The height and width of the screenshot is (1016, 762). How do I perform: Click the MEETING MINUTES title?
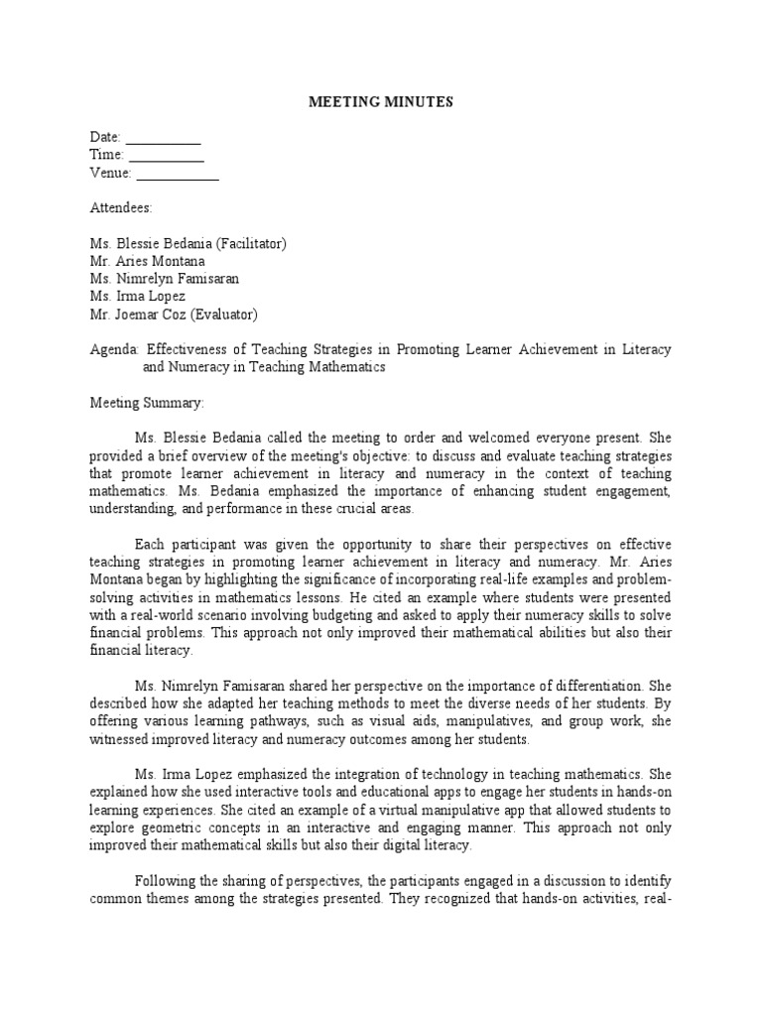click(x=381, y=102)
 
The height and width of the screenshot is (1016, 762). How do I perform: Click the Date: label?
click(x=106, y=137)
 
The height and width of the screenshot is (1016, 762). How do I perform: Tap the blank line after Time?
click(x=167, y=157)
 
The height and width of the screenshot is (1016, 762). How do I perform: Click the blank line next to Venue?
click(x=178, y=176)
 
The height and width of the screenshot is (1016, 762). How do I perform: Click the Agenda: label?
click(x=115, y=349)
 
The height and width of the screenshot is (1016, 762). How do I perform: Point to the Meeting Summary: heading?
click(x=147, y=403)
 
